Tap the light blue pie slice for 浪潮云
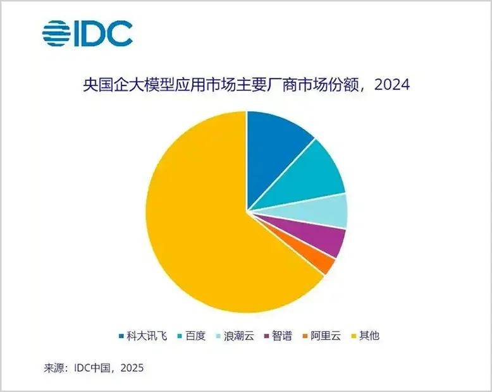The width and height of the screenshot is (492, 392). tap(331, 211)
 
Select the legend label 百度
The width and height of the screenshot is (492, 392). tap(196, 336)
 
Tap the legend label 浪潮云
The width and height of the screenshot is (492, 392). tap(238, 336)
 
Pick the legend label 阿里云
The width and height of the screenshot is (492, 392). tap(326, 336)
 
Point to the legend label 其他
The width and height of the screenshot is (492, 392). tap(369, 336)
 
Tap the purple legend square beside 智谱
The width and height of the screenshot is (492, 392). tap(268, 336)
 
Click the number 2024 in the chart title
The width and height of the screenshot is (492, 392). tap(391, 85)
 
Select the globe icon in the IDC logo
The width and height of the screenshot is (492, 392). tap(56, 34)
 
